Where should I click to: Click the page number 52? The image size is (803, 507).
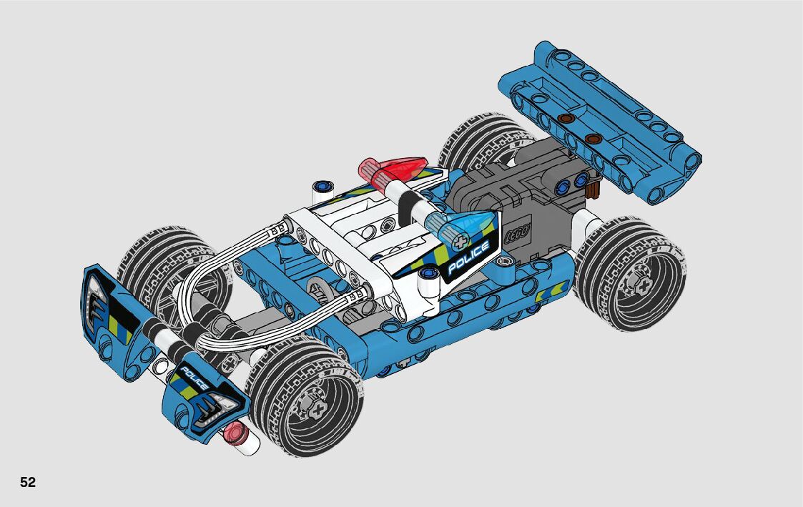click(28, 483)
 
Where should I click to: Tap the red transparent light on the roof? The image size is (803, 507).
click(393, 170)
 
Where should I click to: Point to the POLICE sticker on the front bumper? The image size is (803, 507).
click(194, 379)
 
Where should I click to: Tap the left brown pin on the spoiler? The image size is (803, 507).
click(564, 118)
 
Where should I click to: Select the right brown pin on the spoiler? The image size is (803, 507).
click(593, 138)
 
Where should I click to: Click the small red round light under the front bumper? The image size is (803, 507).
click(235, 433)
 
